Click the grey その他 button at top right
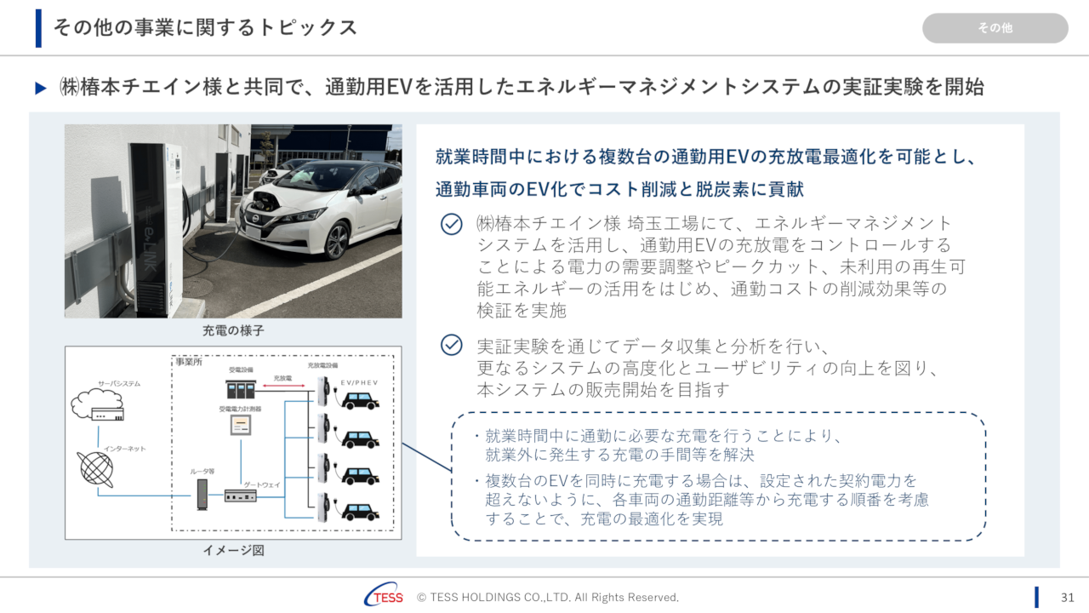click(x=995, y=28)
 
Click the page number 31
click(x=1068, y=597)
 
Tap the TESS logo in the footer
click(x=384, y=597)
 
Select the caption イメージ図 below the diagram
click(x=233, y=550)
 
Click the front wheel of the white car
click(x=337, y=240)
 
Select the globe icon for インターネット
click(x=95, y=468)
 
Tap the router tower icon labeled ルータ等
click(x=202, y=494)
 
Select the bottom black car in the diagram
click(x=360, y=512)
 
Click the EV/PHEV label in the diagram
click(x=359, y=383)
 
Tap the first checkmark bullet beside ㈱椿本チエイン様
click(x=451, y=224)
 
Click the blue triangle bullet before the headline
click(x=41, y=89)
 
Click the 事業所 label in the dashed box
click(x=188, y=362)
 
